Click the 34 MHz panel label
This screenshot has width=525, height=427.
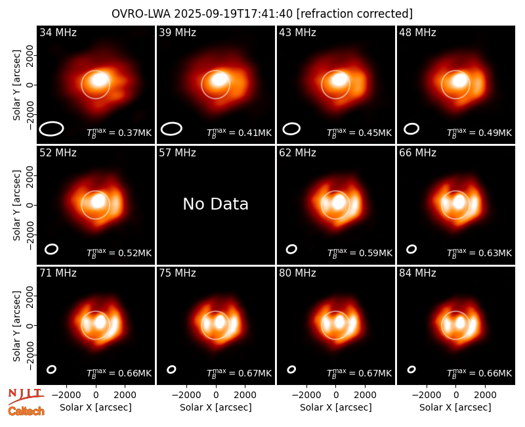[x=58, y=32]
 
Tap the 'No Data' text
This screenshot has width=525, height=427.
[x=216, y=204]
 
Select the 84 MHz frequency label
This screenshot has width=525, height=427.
[x=417, y=273]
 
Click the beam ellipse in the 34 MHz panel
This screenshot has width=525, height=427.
[x=51, y=129]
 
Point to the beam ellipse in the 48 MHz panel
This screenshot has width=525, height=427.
[x=411, y=129]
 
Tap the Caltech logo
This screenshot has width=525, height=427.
[x=26, y=411]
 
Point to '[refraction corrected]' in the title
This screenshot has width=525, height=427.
[x=354, y=14]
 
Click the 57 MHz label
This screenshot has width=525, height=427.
[x=177, y=153]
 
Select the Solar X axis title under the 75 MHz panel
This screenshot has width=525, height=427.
[x=216, y=407]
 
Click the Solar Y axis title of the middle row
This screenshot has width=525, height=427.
[x=16, y=205]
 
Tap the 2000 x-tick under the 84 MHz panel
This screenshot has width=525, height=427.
[x=485, y=395]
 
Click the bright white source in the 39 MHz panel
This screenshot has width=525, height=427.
[x=219, y=79]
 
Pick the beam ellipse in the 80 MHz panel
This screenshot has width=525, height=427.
[x=291, y=369]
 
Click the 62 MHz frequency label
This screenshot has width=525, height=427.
[x=298, y=153]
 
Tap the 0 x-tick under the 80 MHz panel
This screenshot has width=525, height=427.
[x=336, y=395]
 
